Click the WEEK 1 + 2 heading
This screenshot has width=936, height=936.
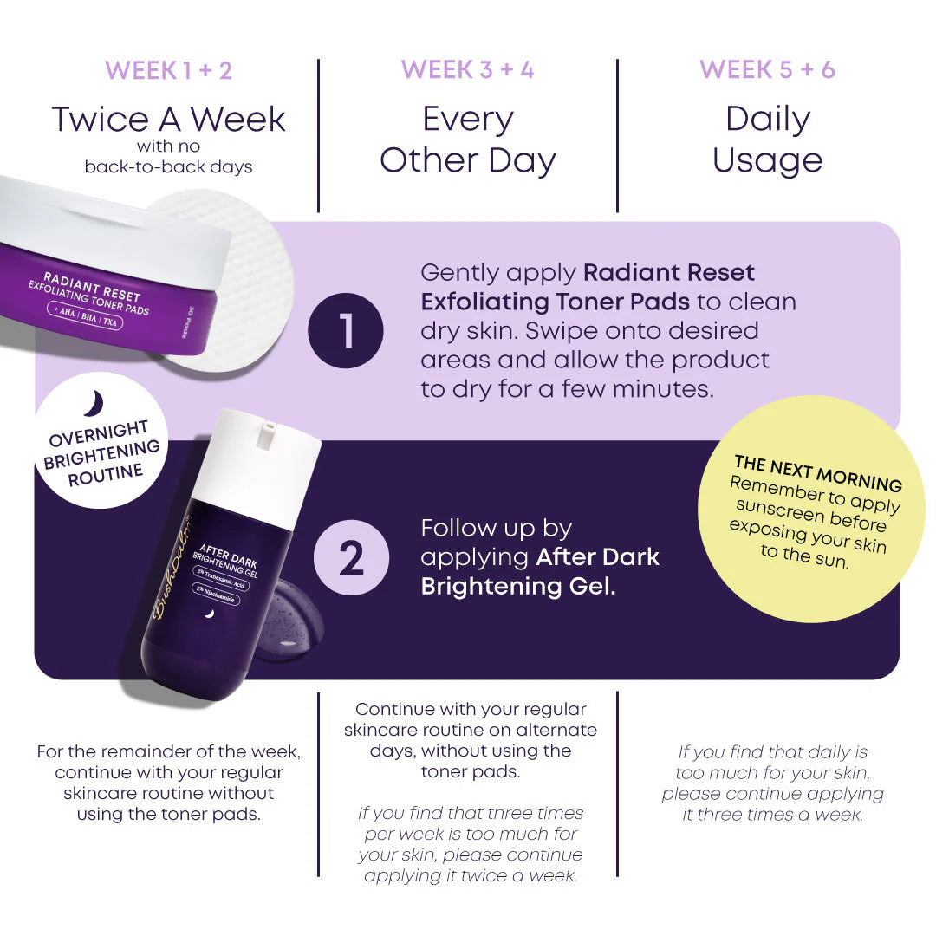(169, 70)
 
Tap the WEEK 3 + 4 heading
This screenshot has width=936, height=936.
(467, 70)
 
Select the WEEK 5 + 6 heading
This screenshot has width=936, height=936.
(767, 70)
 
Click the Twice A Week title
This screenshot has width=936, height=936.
(169, 120)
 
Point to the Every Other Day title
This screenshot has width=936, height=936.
(467, 140)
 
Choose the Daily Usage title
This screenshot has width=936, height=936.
(767, 140)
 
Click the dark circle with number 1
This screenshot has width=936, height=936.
(346, 332)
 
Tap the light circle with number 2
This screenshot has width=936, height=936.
(351, 559)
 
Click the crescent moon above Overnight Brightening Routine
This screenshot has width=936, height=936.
(94, 403)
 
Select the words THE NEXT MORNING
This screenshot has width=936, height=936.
(817, 473)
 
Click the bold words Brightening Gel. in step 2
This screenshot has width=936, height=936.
(518, 586)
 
